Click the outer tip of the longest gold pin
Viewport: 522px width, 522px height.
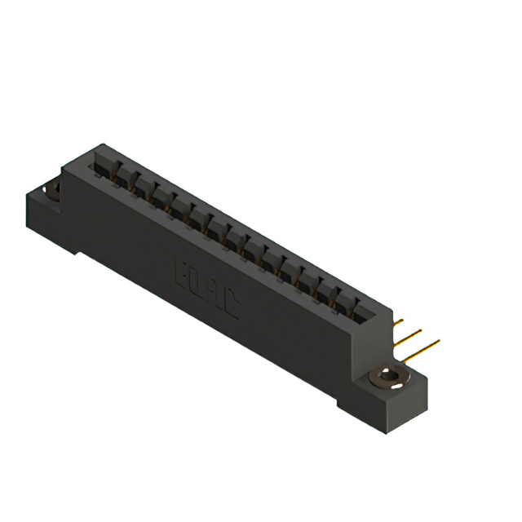click(x=439, y=341)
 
